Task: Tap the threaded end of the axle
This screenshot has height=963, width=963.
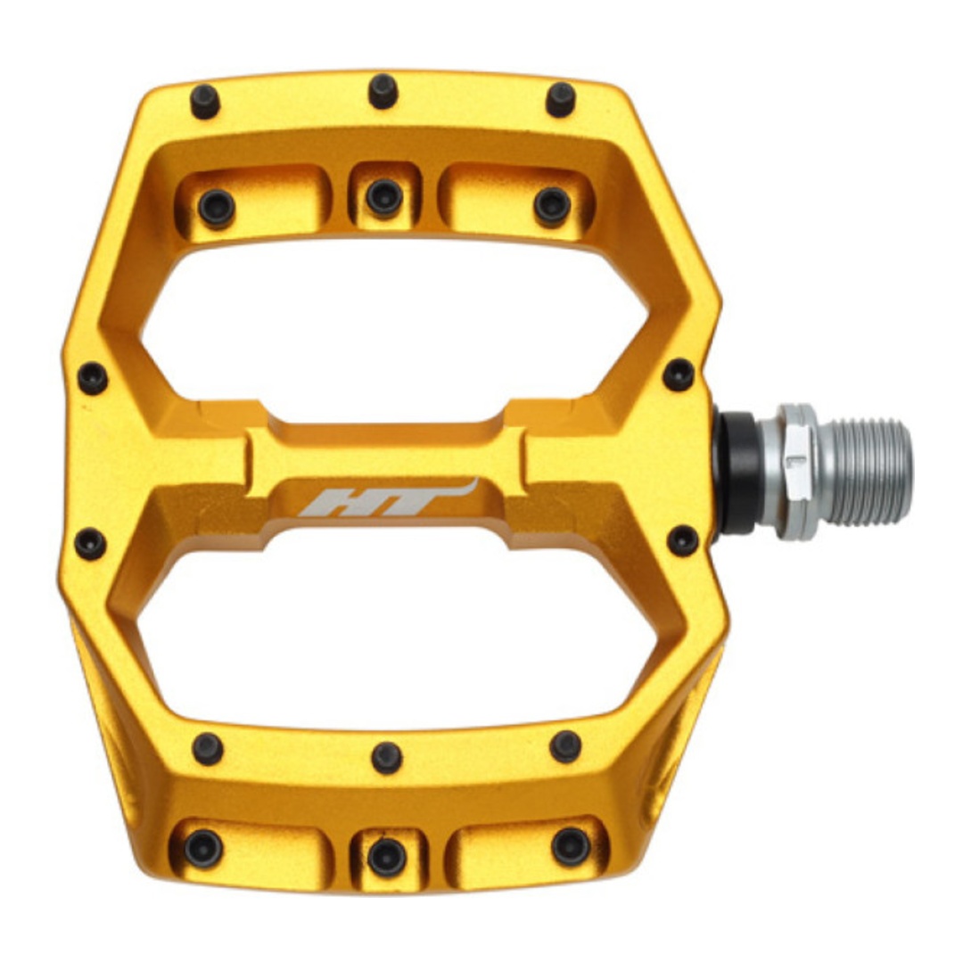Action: coord(865,473)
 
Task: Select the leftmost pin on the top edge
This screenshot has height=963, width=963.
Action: coord(205,102)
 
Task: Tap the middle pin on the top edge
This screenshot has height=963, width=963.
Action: coord(383,92)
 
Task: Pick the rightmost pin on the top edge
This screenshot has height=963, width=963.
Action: coord(561,100)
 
